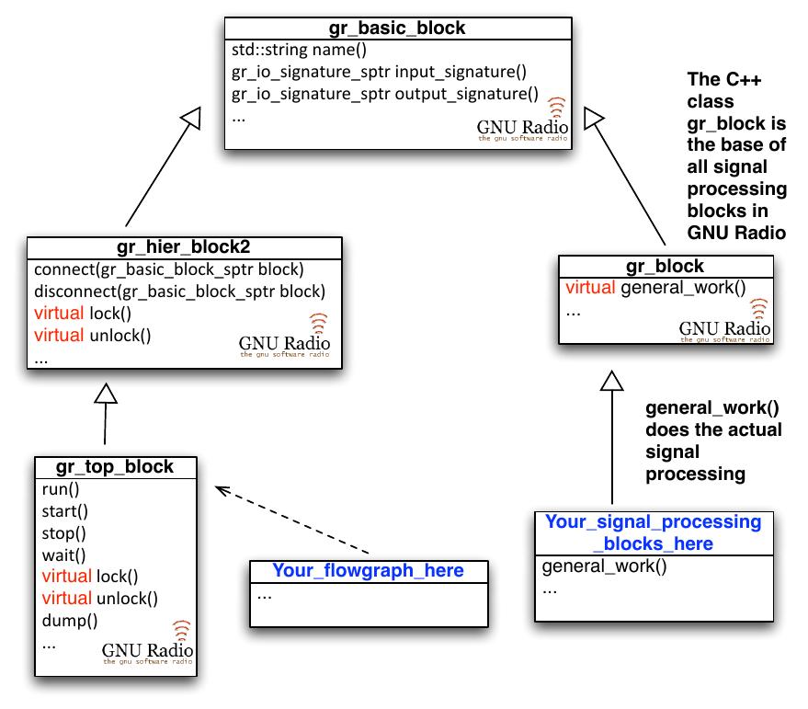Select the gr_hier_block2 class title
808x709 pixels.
(x=184, y=248)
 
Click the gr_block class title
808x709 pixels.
(x=665, y=267)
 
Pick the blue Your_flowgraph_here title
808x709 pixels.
(x=368, y=571)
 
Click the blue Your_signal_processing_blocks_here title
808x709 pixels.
(x=653, y=532)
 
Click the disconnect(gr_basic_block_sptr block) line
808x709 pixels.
(x=179, y=292)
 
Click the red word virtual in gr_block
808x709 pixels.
(x=591, y=289)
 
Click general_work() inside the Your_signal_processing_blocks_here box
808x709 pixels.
(x=603, y=566)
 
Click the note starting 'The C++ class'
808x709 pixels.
(x=736, y=156)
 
